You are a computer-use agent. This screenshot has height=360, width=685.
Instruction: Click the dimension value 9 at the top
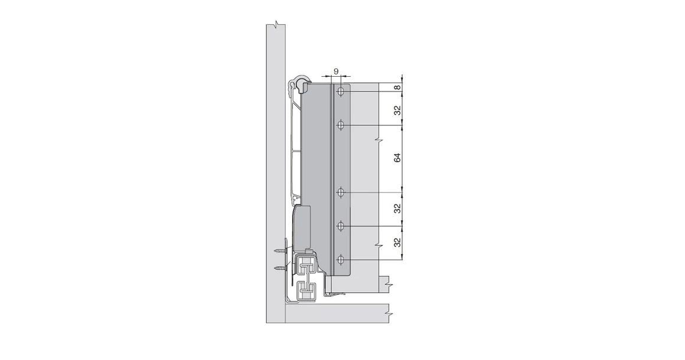click(335, 71)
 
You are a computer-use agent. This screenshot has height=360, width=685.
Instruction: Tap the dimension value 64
click(397, 158)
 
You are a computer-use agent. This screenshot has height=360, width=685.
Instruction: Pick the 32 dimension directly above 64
click(397, 110)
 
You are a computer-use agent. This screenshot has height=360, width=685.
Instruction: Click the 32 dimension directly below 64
click(397, 208)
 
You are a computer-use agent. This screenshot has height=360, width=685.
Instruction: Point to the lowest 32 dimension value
click(397, 242)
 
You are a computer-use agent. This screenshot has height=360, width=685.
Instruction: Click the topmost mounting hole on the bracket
click(341, 91)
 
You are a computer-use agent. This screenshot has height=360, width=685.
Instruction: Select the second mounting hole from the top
click(341, 125)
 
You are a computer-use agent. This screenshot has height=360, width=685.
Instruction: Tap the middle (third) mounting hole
click(341, 192)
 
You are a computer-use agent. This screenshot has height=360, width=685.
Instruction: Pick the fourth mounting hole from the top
click(341, 226)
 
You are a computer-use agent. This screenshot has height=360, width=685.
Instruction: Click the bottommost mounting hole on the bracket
click(341, 260)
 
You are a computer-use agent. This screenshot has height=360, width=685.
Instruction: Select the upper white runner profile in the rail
click(305, 266)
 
